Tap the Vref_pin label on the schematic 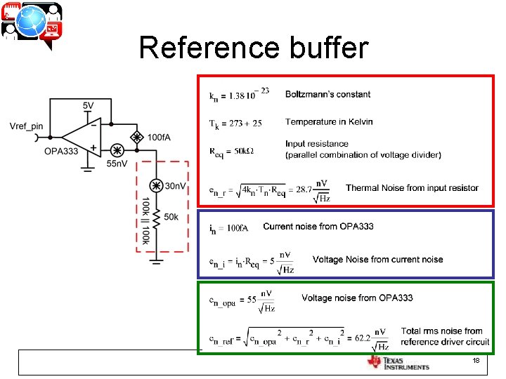coord(27,126)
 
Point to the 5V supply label coord(88,105)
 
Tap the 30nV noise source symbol coord(155,186)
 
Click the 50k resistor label coord(171,218)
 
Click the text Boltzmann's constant coord(327,94)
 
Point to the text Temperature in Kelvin coord(329,122)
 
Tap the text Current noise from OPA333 coord(318,226)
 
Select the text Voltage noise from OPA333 coord(357,298)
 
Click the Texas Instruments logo coord(398,362)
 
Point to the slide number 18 coord(476,360)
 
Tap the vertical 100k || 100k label coord(145,220)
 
